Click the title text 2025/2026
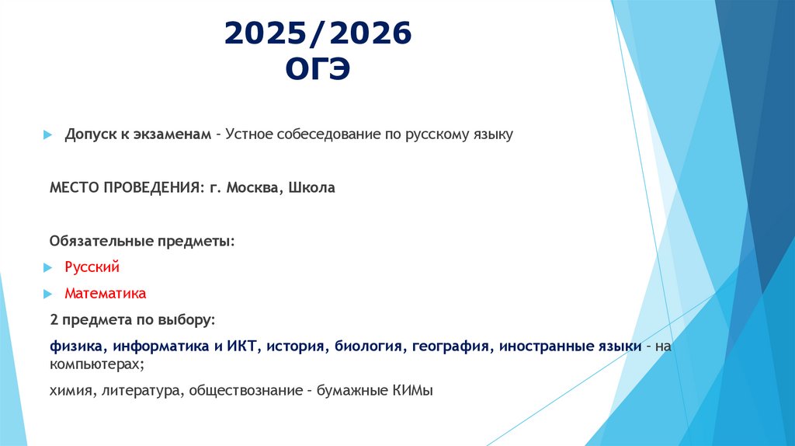(x=318, y=35)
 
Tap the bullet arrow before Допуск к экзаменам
(x=47, y=135)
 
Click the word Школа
(x=311, y=188)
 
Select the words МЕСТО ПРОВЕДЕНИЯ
(x=126, y=188)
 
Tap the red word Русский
(x=92, y=268)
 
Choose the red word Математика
(x=105, y=294)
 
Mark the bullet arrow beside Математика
(x=47, y=295)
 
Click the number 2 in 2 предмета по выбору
(x=54, y=320)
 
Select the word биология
(x=368, y=347)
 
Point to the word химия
(x=71, y=391)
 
